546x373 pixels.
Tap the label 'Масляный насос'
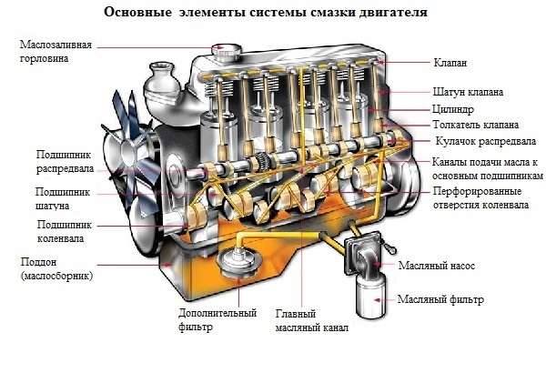point(438,267)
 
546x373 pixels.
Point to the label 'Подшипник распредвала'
point(63,161)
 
